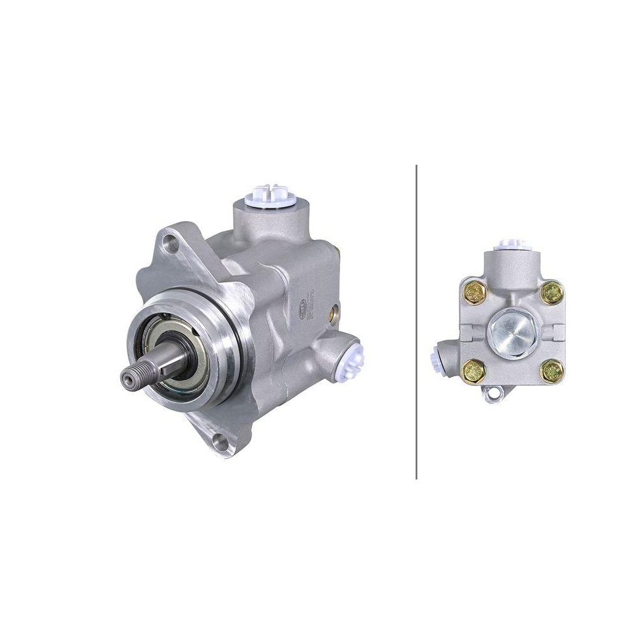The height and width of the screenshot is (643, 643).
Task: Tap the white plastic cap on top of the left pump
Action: [269, 194]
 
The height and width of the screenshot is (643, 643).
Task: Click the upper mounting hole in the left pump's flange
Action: [171, 243]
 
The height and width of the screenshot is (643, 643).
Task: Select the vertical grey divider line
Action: [417, 321]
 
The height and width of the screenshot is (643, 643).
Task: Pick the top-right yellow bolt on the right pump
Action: [551, 293]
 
